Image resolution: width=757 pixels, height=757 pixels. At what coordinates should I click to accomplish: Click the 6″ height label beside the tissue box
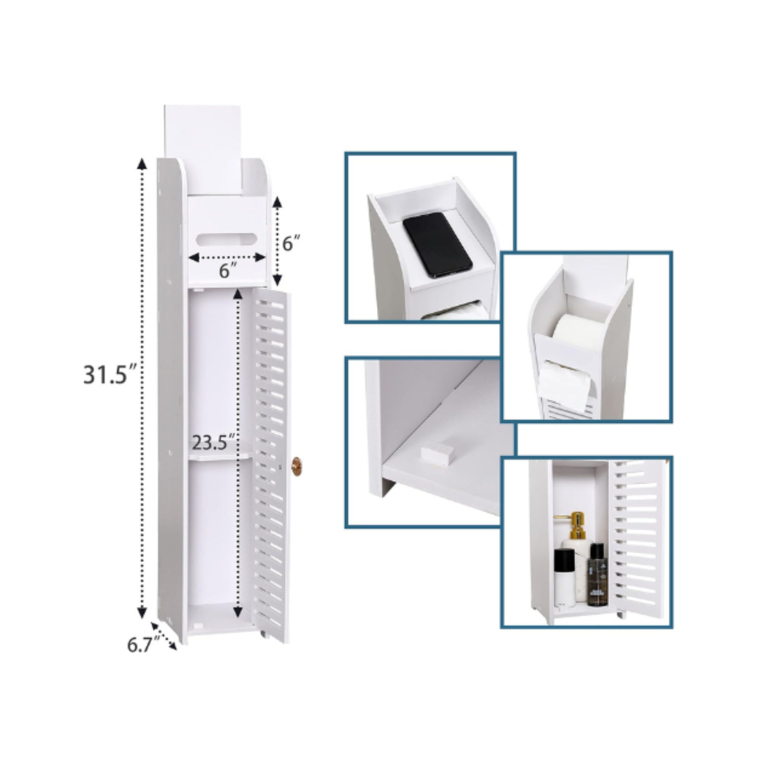point(291,244)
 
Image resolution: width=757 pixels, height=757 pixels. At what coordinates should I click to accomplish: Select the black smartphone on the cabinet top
point(437,245)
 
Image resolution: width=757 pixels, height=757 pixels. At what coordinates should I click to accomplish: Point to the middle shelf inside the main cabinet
point(220,456)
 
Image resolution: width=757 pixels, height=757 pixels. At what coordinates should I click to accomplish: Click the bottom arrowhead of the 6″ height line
point(277,279)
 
